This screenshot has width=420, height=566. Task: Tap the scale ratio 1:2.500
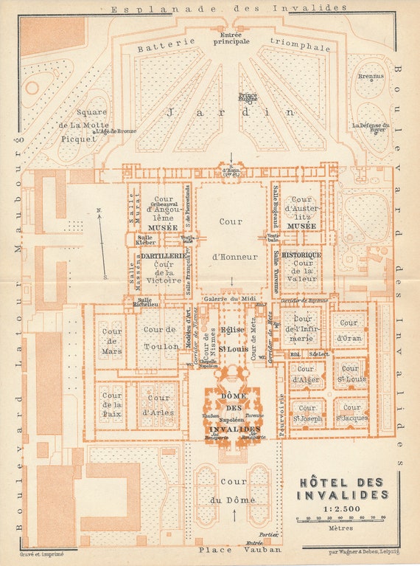340,507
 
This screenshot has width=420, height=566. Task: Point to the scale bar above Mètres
341,519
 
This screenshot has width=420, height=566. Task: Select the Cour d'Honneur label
231,238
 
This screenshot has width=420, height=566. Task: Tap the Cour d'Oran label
349,330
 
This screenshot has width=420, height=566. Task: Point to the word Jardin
231,113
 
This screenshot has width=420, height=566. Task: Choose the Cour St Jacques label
351,413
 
